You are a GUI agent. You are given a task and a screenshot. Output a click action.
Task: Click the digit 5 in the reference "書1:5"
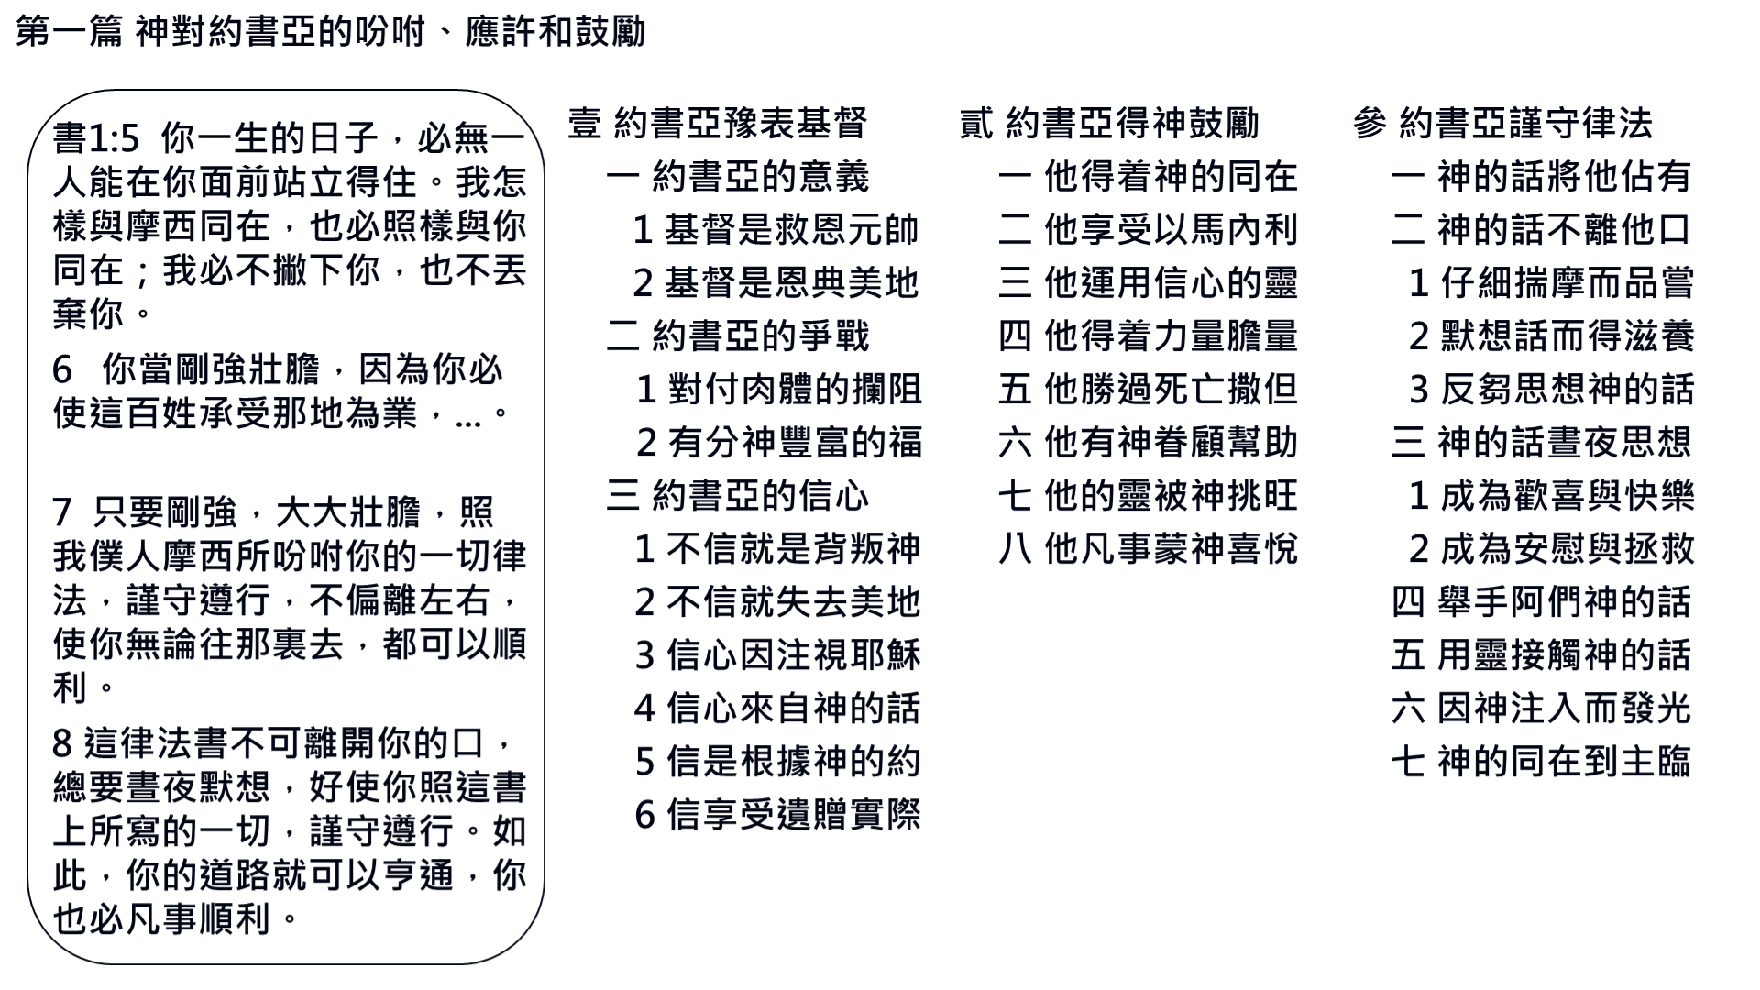click(129, 139)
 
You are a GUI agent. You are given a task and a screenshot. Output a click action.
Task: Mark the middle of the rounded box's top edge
click(286, 91)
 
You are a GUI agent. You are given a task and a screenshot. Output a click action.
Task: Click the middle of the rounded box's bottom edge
click(286, 963)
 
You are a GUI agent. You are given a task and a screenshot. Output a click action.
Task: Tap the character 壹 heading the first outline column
click(585, 124)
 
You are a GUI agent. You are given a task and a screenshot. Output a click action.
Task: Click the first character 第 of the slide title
click(33, 32)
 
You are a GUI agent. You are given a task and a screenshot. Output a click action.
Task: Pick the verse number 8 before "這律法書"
click(62, 744)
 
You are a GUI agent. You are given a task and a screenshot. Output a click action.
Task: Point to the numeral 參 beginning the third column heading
click(1369, 124)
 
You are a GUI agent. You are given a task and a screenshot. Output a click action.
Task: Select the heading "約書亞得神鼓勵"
click(1132, 124)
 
